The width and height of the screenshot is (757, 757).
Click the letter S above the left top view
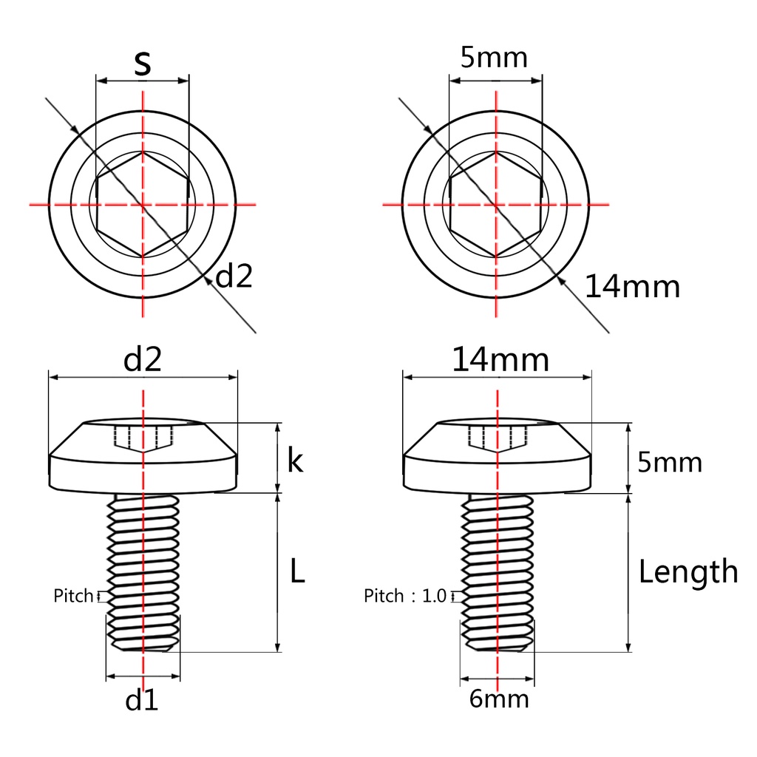[x=143, y=64]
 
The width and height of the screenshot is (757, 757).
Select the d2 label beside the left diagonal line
[x=234, y=276]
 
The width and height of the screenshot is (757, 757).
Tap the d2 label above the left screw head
[x=143, y=360]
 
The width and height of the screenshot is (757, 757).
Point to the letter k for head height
[x=295, y=461]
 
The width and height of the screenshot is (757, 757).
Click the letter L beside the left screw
[x=296, y=571]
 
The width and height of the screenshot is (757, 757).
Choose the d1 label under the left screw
[x=142, y=699]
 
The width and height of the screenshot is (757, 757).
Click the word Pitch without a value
[x=73, y=595]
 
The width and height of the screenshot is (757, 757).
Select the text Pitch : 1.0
[x=405, y=595]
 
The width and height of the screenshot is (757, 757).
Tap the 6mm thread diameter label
[x=499, y=699]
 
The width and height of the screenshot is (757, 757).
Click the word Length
[x=688, y=571]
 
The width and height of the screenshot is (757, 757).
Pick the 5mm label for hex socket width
[x=494, y=58]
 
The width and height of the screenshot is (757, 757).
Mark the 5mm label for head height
[x=669, y=463]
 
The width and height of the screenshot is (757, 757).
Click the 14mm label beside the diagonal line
[x=632, y=286]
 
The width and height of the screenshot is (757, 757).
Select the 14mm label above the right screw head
[x=500, y=360]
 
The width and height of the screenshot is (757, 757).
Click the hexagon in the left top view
[x=143, y=204]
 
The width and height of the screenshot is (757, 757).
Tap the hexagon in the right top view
[x=496, y=204]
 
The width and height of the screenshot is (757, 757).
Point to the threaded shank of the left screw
[x=143, y=569]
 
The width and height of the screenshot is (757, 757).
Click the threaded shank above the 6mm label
[x=497, y=569]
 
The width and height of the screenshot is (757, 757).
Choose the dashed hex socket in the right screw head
[x=497, y=438]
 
